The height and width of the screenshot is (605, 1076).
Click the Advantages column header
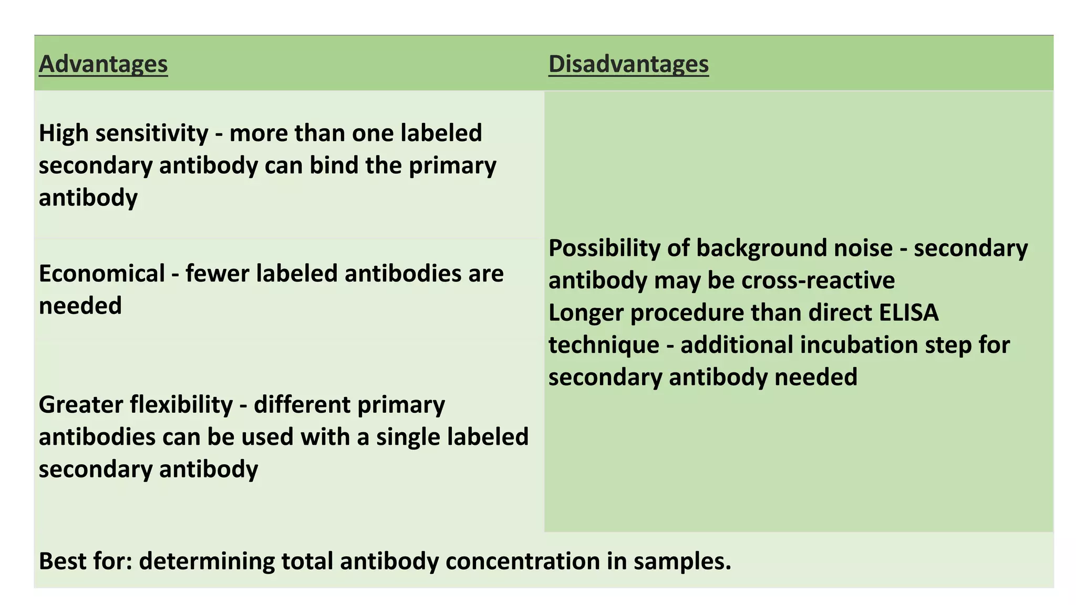(103, 64)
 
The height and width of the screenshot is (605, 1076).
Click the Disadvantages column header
(628, 64)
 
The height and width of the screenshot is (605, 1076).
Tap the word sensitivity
(152, 133)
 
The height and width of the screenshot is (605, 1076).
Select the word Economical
(102, 274)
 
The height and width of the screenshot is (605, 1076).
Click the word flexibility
(181, 405)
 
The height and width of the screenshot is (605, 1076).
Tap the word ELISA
(908, 313)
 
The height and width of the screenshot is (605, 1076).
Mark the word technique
(604, 346)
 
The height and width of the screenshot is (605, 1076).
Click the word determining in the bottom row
(206, 561)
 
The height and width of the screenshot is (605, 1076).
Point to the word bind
(334, 165)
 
